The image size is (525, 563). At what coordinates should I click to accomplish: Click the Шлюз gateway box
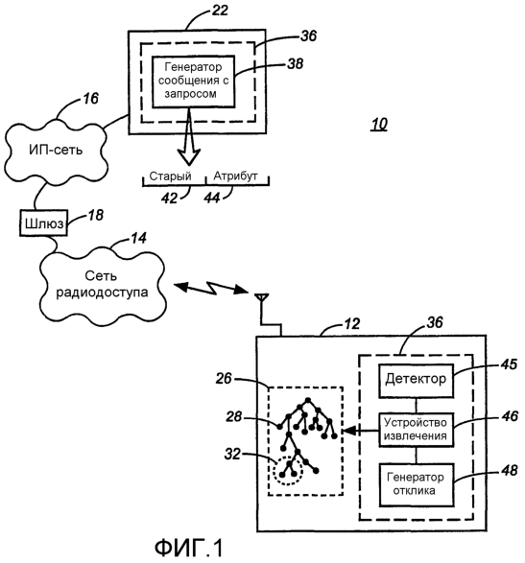(43, 223)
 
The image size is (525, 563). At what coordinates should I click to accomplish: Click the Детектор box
(416, 381)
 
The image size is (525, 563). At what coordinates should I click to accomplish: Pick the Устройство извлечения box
(416, 430)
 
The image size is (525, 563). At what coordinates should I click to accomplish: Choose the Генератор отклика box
(416, 484)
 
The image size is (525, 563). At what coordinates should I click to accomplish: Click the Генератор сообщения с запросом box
(193, 82)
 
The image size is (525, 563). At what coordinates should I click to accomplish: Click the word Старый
(170, 176)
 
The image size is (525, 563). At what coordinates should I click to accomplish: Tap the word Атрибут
(235, 176)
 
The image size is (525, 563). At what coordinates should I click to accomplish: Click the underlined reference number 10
(379, 125)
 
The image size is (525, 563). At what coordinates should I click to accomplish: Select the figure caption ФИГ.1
(189, 548)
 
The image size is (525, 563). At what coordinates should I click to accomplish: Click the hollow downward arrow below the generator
(189, 136)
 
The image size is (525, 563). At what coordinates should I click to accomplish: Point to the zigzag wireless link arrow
(211, 288)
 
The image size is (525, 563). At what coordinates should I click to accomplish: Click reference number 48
(509, 470)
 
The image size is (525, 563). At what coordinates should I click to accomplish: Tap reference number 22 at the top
(220, 10)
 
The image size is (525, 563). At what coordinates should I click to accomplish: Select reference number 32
(232, 455)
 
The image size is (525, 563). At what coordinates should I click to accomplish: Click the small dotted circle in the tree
(288, 470)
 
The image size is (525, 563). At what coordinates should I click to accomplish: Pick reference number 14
(139, 238)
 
